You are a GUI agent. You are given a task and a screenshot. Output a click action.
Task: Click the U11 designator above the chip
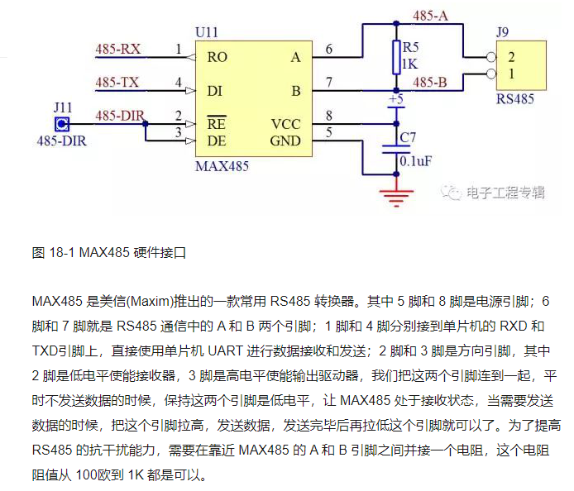[x=207, y=32]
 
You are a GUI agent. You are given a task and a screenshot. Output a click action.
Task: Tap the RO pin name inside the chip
[x=218, y=58]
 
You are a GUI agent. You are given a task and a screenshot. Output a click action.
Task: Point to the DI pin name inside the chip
[x=215, y=91]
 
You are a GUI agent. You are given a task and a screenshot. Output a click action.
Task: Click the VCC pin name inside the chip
[x=286, y=124]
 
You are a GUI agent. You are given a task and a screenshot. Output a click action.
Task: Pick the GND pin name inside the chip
[x=285, y=141]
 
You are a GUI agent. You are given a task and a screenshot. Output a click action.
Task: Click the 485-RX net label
[x=117, y=50]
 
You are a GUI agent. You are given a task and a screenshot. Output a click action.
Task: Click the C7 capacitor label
[x=407, y=136]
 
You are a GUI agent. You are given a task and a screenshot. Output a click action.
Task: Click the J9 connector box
[x=522, y=66]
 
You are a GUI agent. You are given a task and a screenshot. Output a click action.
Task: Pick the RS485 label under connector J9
[x=514, y=99]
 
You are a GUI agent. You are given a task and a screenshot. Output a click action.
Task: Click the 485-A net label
[x=431, y=15]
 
